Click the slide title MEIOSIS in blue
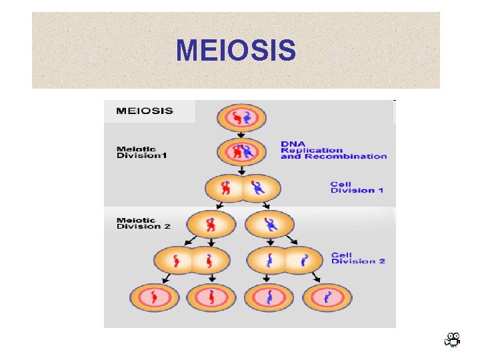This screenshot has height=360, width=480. (x=236, y=50)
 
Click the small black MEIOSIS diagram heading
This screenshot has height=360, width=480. (x=144, y=111)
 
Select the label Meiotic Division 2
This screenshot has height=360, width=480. (x=143, y=223)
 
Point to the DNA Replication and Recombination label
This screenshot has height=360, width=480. (x=333, y=150)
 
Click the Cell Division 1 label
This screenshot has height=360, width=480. (x=357, y=187)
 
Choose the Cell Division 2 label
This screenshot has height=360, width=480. (x=358, y=257)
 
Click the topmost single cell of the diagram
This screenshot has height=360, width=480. (x=241, y=119)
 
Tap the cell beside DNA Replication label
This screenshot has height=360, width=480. (x=241, y=151)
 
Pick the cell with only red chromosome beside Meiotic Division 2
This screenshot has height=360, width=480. (x=211, y=224)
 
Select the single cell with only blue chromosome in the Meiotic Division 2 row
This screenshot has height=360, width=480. (x=269, y=224)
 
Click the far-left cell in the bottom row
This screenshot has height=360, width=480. (x=154, y=297)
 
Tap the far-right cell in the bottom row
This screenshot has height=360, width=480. (x=327, y=297)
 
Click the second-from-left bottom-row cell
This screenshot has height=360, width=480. (x=211, y=297)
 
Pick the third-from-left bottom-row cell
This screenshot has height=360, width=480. (x=269, y=297)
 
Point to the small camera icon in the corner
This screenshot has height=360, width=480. (x=453, y=340)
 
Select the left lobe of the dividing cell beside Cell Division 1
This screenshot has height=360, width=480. (x=225, y=189)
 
